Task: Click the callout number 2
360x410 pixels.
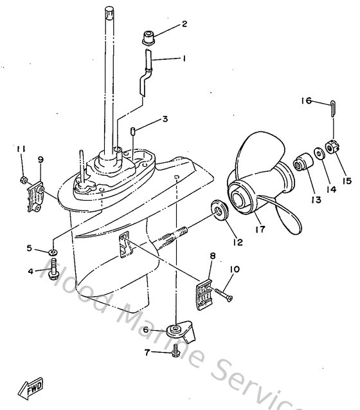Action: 184,25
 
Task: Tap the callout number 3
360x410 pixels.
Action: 165,119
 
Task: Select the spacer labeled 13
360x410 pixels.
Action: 301,162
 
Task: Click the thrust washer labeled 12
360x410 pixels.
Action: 220,210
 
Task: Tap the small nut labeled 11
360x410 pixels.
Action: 21,178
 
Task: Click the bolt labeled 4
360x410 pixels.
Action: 53,269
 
